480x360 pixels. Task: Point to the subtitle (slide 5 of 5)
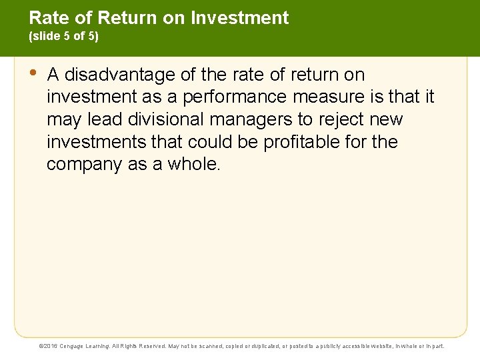pyautogui.click(x=64, y=37)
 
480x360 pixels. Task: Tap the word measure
pyautogui.click(x=331, y=97)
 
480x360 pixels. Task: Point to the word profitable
pyautogui.click(x=297, y=142)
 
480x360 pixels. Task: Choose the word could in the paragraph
pyautogui.click(x=211, y=142)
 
